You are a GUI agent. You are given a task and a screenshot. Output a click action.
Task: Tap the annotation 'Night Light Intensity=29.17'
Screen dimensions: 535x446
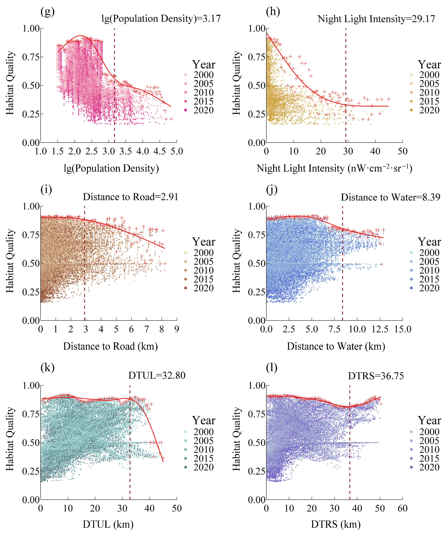click(x=376, y=19)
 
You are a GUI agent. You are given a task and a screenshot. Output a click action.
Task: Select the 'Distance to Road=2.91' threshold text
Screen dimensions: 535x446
click(x=130, y=197)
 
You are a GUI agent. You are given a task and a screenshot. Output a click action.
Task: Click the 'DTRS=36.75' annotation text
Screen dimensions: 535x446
click(x=376, y=376)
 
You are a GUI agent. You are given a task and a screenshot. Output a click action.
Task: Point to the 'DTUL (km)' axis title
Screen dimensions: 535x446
click(x=108, y=524)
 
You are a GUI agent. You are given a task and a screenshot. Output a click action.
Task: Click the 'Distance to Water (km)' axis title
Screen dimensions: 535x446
click(x=336, y=346)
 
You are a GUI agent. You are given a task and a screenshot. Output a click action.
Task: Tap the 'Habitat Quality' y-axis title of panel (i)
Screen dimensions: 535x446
click(x=10, y=261)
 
